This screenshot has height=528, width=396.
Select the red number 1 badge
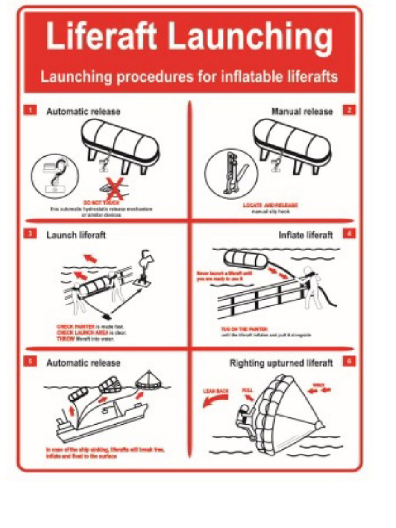pos(31,110)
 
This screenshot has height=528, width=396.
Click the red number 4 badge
pos(349,234)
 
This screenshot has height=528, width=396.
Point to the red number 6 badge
pos(349,361)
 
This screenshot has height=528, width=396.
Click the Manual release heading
pos(302,111)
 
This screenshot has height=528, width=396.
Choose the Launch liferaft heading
pos(76,235)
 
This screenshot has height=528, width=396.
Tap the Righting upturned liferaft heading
pos(281,363)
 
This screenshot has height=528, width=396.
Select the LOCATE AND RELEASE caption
pos(270,205)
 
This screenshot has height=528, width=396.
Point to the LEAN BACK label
pos(216,391)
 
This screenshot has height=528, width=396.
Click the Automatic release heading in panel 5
pos(84,363)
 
